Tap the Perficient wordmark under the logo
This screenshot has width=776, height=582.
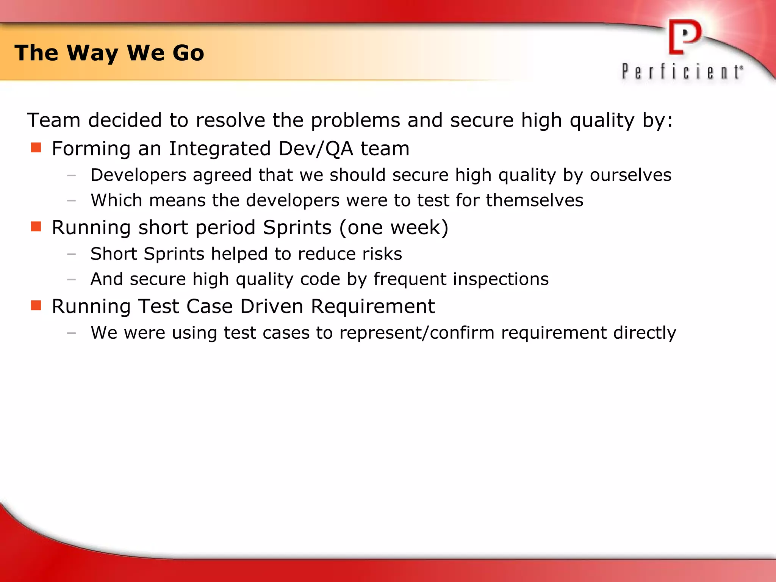[682, 71]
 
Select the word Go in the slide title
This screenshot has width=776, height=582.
[188, 53]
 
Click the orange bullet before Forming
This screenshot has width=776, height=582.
[36, 147]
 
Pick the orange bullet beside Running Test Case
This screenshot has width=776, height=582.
[36, 305]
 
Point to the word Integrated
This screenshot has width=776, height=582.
[220, 149]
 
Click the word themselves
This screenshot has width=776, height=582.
[535, 200]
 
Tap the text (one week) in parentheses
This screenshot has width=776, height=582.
[394, 228]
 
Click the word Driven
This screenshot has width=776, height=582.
[271, 306]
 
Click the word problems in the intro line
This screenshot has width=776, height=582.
[355, 120]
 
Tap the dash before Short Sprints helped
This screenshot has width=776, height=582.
[71, 254]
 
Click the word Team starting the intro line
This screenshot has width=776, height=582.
[54, 120]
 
